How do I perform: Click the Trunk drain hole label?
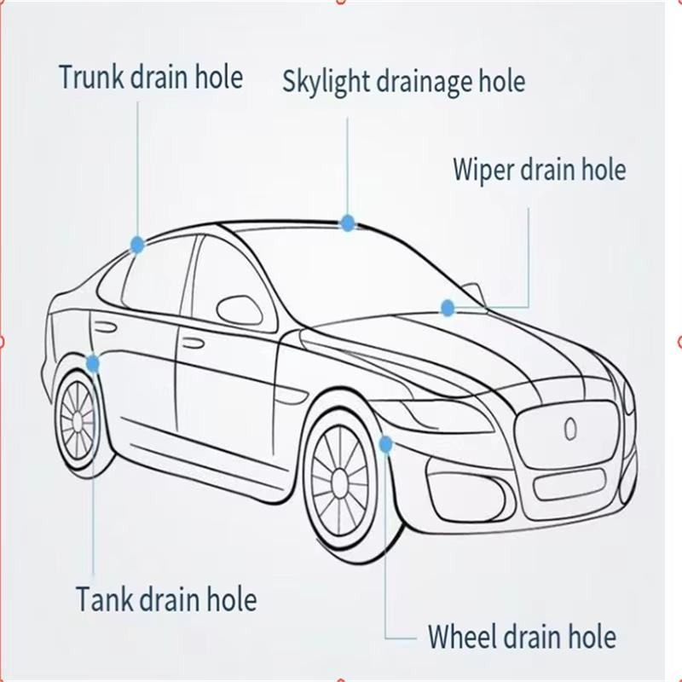coord(151,77)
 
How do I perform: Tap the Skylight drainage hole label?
coord(403,82)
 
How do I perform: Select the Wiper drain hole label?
coord(540,169)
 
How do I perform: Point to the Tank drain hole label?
coord(166,599)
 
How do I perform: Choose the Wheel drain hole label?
coord(522,636)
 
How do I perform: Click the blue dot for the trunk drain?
coord(137,245)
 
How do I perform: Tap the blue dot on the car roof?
coord(348,223)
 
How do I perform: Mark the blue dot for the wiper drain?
coord(448,308)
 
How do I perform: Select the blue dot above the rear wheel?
coord(93,363)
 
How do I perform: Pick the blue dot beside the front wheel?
coord(385,444)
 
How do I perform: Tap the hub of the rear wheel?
coord(78,420)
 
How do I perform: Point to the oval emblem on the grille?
coord(570,429)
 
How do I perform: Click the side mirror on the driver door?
coord(239,309)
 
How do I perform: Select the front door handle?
coord(193,344)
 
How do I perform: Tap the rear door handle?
coord(104,326)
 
